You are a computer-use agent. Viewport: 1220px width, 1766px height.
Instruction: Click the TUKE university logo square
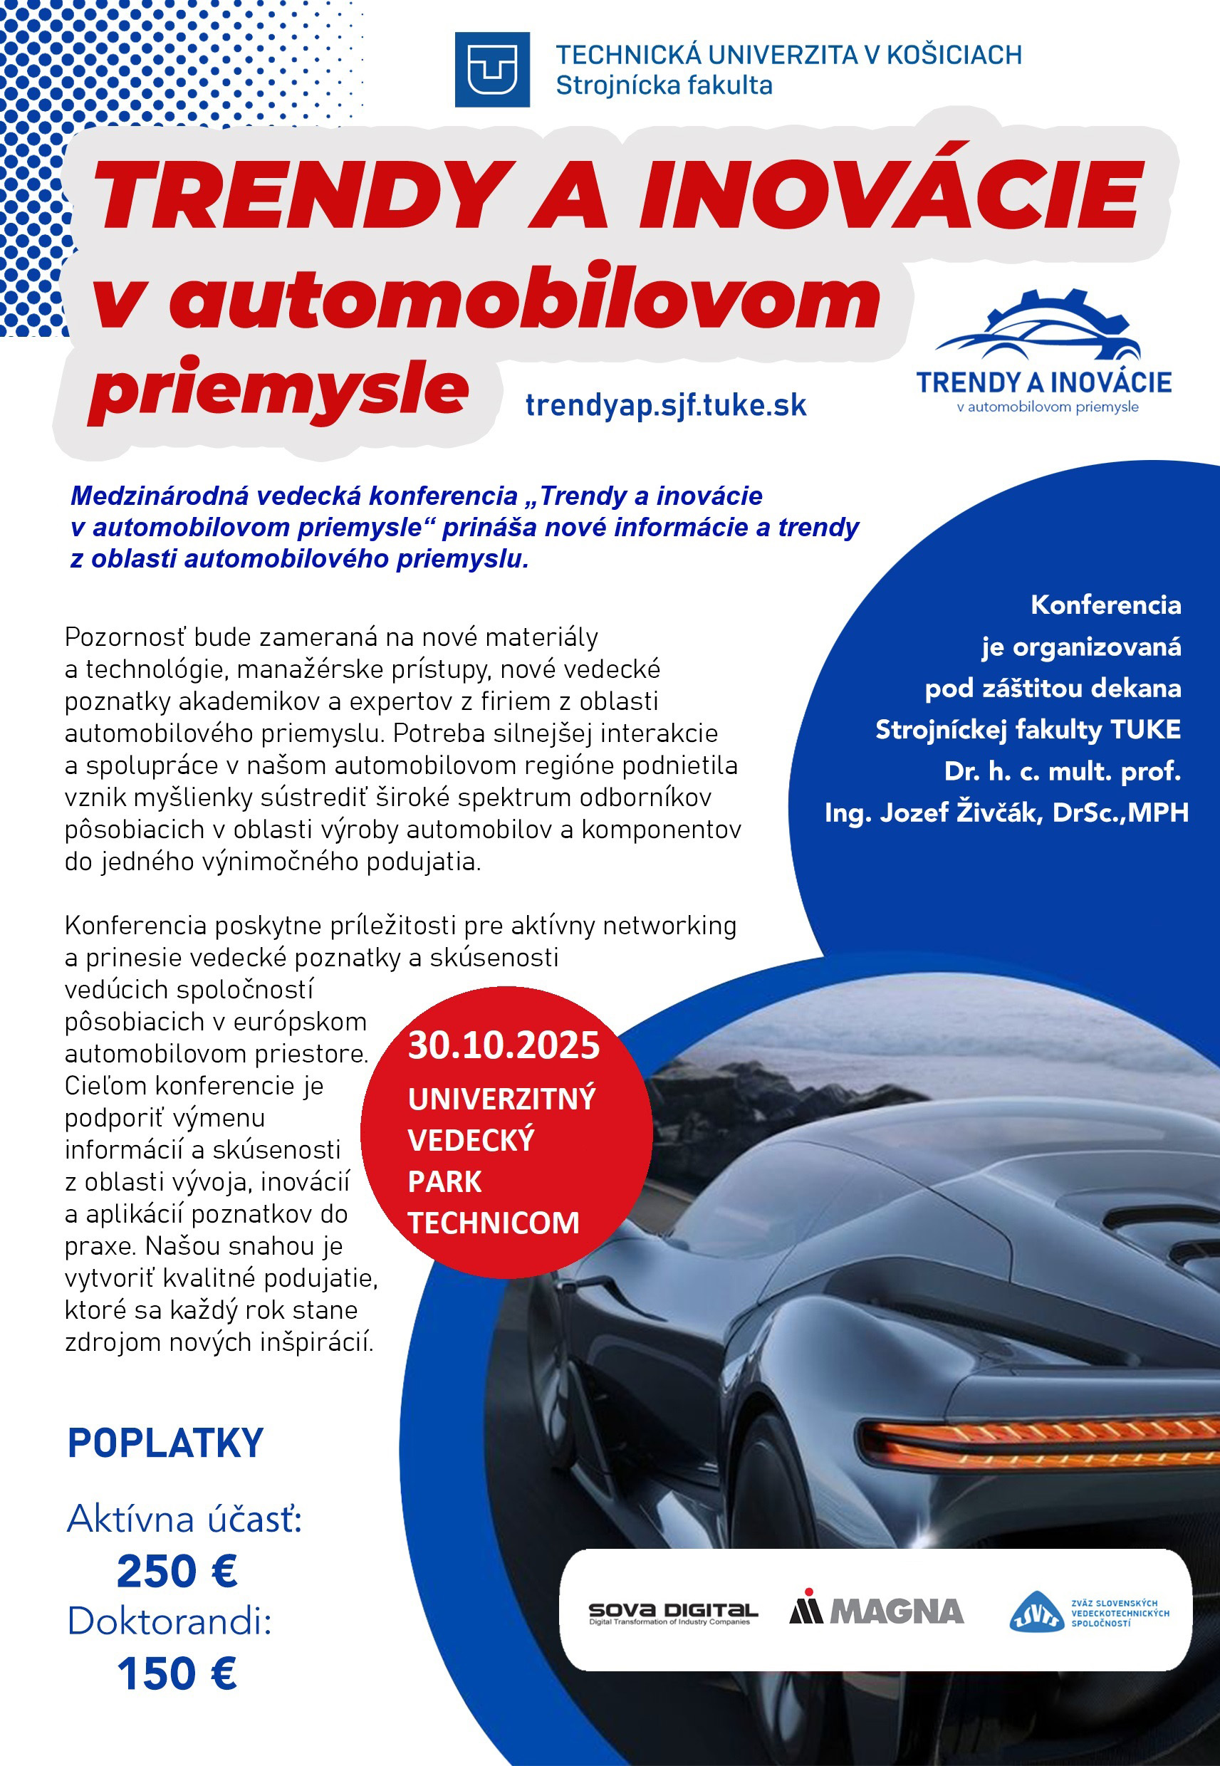pyautogui.click(x=491, y=70)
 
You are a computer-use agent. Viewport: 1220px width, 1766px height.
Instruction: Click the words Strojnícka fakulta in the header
pyautogui.click(x=664, y=85)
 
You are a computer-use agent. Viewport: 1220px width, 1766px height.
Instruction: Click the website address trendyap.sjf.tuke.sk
pyautogui.click(x=666, y=405)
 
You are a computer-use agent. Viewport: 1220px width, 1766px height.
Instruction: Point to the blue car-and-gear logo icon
pyautogui.click(x=1039, y=328)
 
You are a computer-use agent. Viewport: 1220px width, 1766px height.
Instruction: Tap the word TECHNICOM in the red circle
pyautogui.click(x=493, y=1223)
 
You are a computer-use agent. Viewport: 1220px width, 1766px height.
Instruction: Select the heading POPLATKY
pyautogui.click(x=165, y=1443)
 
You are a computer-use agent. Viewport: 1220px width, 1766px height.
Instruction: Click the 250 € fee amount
pyautogui.click(x=177, y=1571)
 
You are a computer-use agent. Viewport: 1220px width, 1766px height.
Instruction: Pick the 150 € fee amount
pyautogui.click(x=177, y=1673)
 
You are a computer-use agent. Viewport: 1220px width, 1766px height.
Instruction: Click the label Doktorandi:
pyautogui.click(x=170, y=1621)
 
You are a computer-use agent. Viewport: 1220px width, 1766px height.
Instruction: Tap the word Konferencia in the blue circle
pyautogui.click(x=1105, y=605)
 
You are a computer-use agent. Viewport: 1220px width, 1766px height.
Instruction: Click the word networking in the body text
pyautogui.click(x=669, y=926)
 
